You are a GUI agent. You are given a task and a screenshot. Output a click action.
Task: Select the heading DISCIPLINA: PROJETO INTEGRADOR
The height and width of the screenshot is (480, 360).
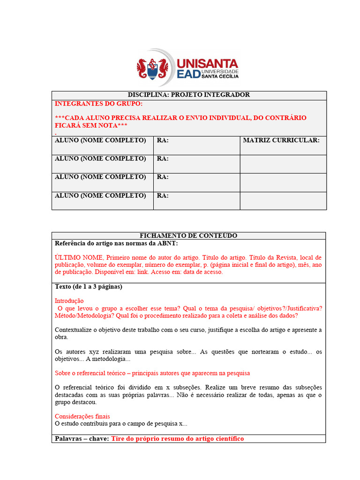click(x=188, y=95)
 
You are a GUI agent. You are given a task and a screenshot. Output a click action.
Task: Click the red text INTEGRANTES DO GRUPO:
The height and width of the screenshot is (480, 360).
click(x=99, y=104)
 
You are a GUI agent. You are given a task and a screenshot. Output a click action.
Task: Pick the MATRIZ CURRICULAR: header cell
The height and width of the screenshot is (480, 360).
click(x=281, y=140)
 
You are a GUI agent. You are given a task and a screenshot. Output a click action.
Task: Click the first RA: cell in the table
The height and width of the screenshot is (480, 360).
click(x=163, y=140)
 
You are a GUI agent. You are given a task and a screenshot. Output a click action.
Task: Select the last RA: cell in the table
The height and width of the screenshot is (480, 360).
click(x=163, y=195)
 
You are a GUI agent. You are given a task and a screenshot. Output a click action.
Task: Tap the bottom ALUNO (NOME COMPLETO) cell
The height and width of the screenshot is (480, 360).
click(x=100, y=195)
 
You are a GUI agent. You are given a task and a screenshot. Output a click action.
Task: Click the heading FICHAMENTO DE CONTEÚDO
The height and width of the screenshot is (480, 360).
click(x=188, y=235)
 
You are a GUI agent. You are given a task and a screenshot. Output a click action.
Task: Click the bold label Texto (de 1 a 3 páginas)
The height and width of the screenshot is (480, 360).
click(x=88, y=286)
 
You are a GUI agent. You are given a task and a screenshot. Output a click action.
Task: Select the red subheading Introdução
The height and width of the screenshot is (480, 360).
click(x=69, y=300)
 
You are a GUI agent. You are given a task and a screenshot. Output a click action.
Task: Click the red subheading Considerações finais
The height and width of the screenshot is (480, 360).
click(x=82, y=416)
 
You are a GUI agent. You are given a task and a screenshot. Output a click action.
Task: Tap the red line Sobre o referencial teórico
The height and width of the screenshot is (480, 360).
click(x=152, y=373)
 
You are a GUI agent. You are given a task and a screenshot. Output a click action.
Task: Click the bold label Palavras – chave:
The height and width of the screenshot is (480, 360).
click(x=82, y=439)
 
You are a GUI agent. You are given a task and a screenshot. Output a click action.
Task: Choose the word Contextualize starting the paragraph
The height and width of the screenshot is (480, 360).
click(x=73, y=330)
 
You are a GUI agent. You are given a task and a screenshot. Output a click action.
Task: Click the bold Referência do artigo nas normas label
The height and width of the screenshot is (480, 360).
click(x=116, y=243)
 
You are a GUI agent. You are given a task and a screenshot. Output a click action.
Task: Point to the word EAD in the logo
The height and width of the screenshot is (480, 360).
click(x=189, y=74)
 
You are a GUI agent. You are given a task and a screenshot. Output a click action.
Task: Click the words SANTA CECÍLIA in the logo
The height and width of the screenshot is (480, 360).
click(x=220, y=76)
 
